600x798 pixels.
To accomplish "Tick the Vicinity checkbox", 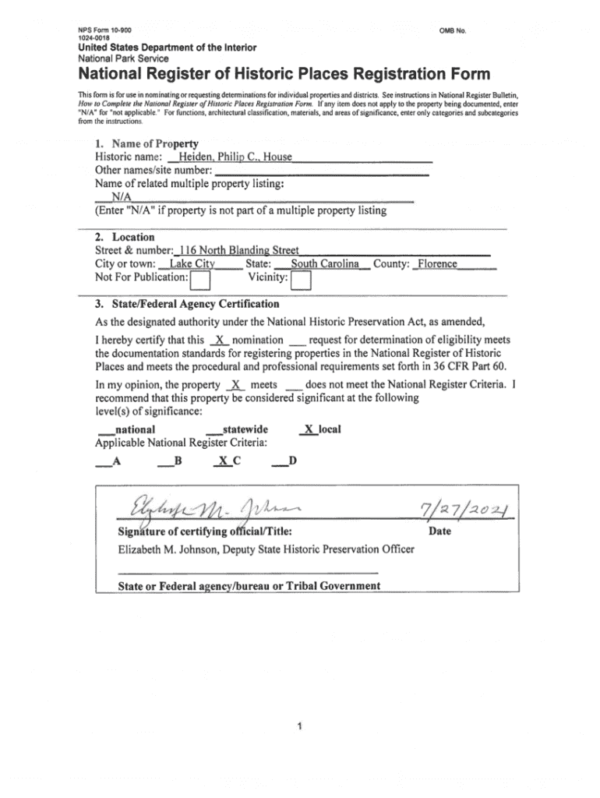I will [x=301, y=279].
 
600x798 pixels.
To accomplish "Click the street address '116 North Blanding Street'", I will [x=238, y=250].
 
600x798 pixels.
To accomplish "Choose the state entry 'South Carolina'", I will [x=324, y=264].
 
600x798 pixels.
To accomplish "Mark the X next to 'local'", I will [x=309, y=429].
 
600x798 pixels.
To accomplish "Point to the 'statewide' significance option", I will [x=245, y=429].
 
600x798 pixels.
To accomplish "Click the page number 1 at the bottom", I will [x=299, y=728].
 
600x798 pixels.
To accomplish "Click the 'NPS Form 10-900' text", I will [x=99, y=29].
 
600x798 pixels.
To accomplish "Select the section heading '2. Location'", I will [x=125, y=237].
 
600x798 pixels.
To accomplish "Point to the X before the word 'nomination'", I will [x=221, y=341].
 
